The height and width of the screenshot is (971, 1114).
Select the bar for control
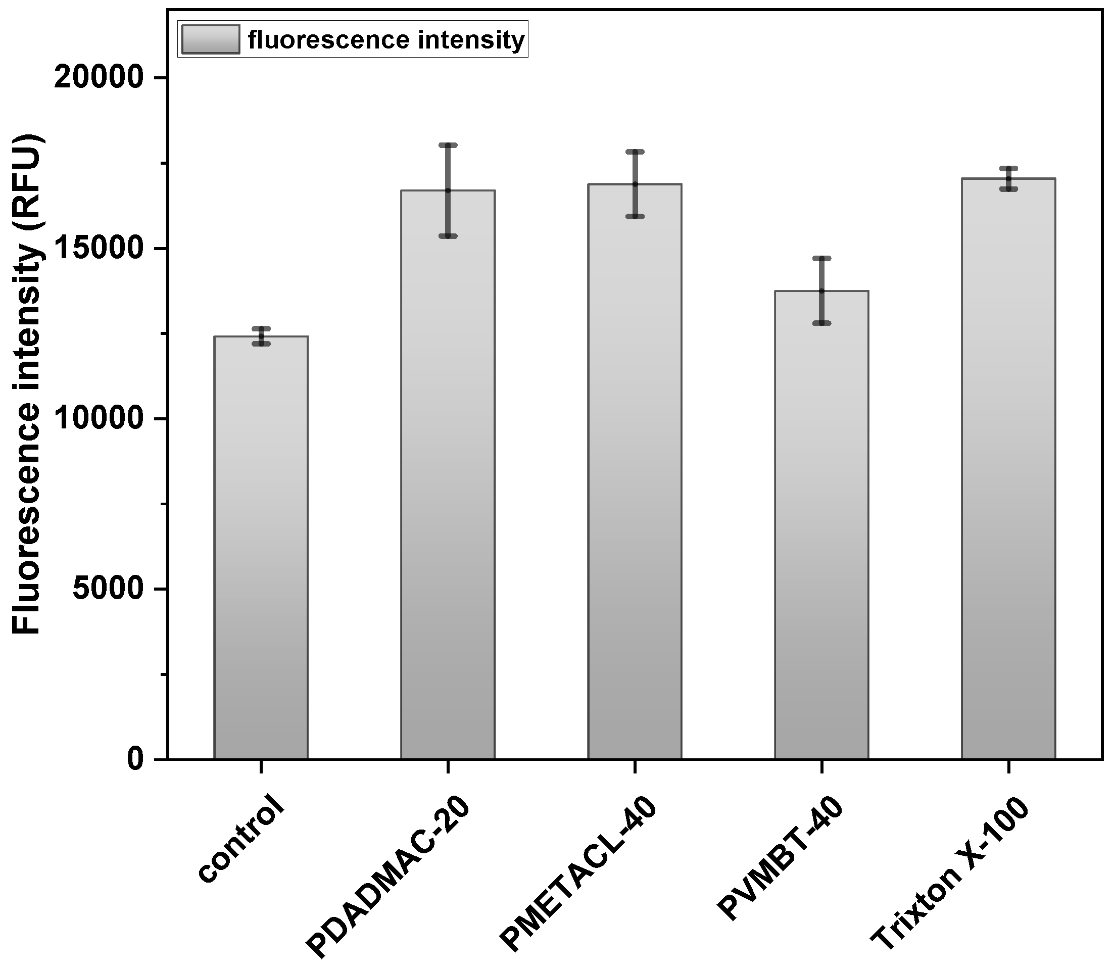pos(261,547)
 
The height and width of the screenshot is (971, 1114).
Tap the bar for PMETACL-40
pos(635,471)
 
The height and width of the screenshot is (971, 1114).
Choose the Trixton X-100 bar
pos(1008,468)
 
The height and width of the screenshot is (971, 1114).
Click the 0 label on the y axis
pos(135,760)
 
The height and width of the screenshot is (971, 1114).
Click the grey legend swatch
pos(211,39)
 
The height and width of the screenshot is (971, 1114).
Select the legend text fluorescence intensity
pos(386,39)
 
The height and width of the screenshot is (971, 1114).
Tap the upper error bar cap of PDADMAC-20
pos(448,145)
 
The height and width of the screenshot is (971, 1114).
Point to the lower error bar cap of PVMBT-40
pos(821,323)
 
